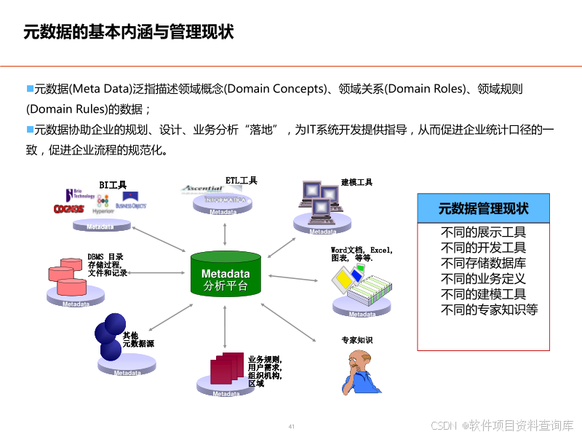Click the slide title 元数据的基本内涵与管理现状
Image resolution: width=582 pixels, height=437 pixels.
(x=128, y=33)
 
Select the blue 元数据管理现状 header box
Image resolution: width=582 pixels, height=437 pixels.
(x=483, y=209)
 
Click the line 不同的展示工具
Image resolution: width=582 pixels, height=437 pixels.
(x=483, y=233)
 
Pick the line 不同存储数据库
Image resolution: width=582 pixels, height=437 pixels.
(x=483, y=264)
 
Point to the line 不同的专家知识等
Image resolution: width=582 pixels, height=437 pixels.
(x=489, y=310)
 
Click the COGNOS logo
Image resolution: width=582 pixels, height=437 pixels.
(x=68, y=209)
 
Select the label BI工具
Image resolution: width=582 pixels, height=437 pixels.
(x=113, y=185)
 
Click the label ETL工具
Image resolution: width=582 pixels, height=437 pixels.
(x=241, y=180)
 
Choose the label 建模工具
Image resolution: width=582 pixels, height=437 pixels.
(x=356, y=182)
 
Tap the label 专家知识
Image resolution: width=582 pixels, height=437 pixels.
(x=356, y=340)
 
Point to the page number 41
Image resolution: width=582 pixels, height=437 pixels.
(x=292, y=426)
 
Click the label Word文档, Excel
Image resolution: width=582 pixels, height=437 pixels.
(x=362, y=250)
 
